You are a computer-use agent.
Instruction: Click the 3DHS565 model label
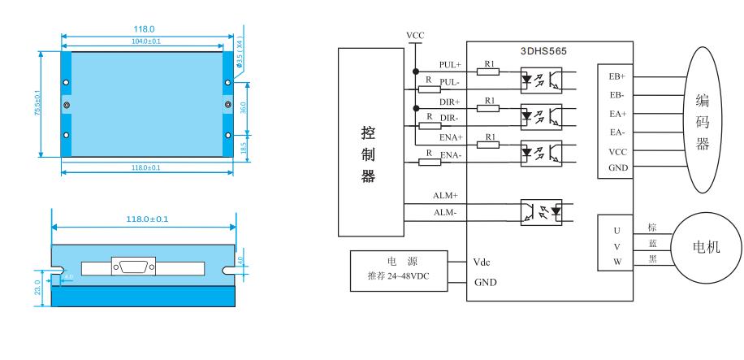coord(543,50)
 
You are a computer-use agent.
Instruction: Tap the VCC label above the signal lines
coord(415,36)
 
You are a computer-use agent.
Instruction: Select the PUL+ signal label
coord(449,65)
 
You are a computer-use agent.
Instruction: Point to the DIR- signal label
coord(449,119)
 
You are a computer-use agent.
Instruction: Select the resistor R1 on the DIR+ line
coord(488,106)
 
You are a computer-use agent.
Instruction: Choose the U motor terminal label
coord(616,231)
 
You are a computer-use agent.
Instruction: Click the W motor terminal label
coord(616,262)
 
